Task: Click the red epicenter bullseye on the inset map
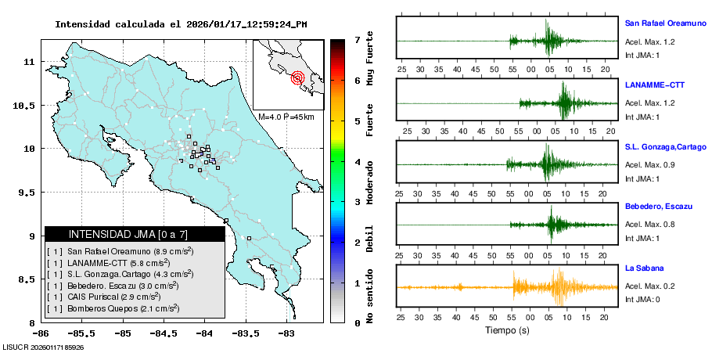(297, 77)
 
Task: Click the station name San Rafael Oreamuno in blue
(664, 23)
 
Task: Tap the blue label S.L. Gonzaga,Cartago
(666, 146)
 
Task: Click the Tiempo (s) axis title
(507, 330)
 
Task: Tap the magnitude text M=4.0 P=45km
(286, 117)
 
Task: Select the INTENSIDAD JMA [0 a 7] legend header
(134, 234)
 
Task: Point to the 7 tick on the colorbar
(356, 39)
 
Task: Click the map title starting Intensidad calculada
(180, 24)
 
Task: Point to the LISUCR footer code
(44, 347)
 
